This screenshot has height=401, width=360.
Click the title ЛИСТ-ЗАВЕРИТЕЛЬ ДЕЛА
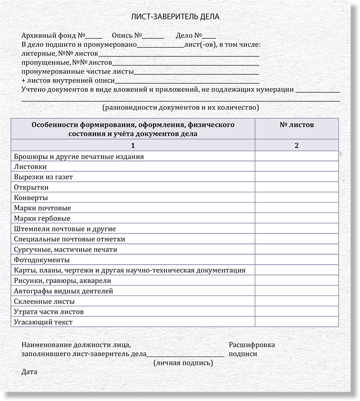pos(175,17)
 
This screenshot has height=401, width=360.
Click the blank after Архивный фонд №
pos(94,37)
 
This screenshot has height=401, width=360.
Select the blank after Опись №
pos(153,37)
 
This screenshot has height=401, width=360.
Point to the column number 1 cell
pos(133,145)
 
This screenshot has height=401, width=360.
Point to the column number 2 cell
pos(297,145)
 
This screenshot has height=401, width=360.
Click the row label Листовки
pos(30,167)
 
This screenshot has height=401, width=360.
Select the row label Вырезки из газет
pos(44,177)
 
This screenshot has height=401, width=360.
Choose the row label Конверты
pos(31,198)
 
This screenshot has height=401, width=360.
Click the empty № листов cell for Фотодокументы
pos(297,260)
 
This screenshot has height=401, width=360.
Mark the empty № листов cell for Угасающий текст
pos(297,322)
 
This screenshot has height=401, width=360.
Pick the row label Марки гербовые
pos(42,219)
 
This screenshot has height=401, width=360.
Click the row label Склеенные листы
pos(45,302)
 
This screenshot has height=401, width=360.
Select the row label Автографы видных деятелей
pos(63,291)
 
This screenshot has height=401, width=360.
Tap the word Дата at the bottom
pos(29,372)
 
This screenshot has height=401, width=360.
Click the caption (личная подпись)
pos(183,363)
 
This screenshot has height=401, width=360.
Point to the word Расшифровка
pos(252,345)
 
